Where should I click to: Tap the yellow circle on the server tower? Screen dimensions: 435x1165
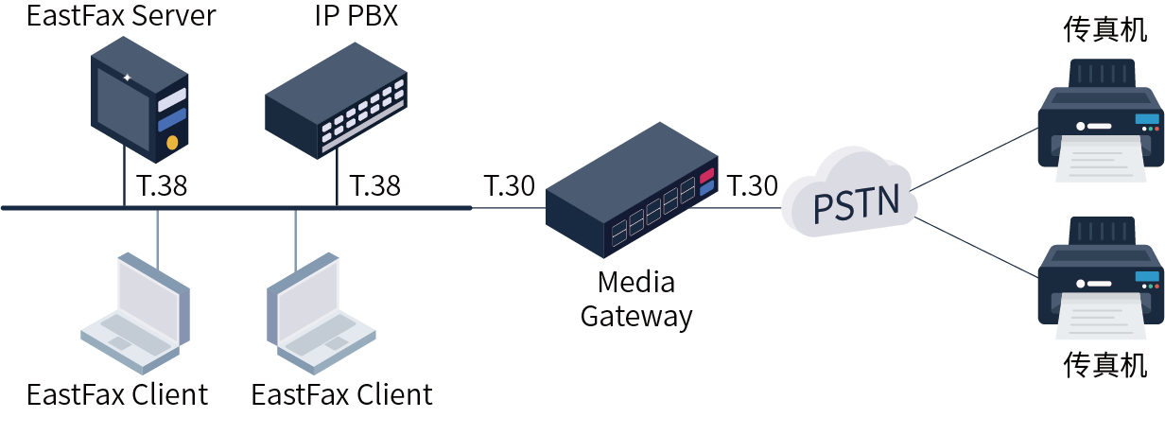pos(172,142)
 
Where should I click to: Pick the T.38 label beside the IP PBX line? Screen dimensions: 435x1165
pos(374,185)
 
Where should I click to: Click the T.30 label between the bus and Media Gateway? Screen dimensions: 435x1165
pos(510,185)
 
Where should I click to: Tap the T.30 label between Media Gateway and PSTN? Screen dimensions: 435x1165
pos(752,185)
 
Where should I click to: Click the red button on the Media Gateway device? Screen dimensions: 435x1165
pos(706,174)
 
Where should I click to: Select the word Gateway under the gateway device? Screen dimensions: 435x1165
pos(635,316)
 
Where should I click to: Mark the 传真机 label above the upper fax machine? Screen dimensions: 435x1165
pos(1104,30)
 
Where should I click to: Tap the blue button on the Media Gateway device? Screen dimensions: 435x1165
pos(706,188)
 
